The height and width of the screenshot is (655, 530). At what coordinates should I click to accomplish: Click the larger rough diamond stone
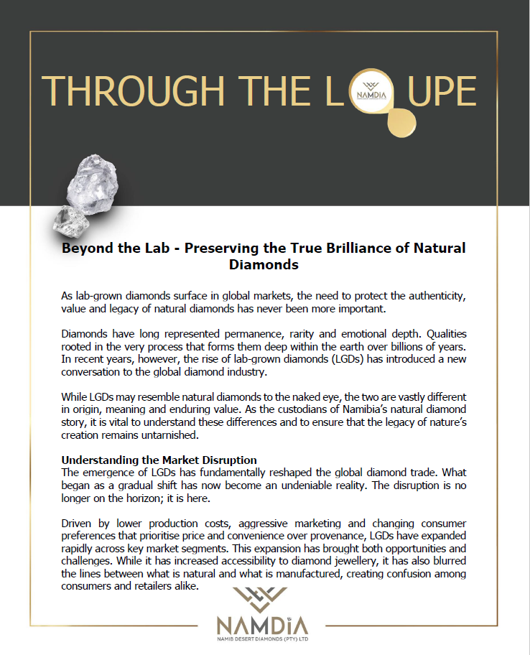[x=91, y=182]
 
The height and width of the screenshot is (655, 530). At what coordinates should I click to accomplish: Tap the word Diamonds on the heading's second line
[x=264, y=264]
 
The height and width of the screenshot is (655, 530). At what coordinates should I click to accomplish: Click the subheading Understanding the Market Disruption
[x=159, y=460]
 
